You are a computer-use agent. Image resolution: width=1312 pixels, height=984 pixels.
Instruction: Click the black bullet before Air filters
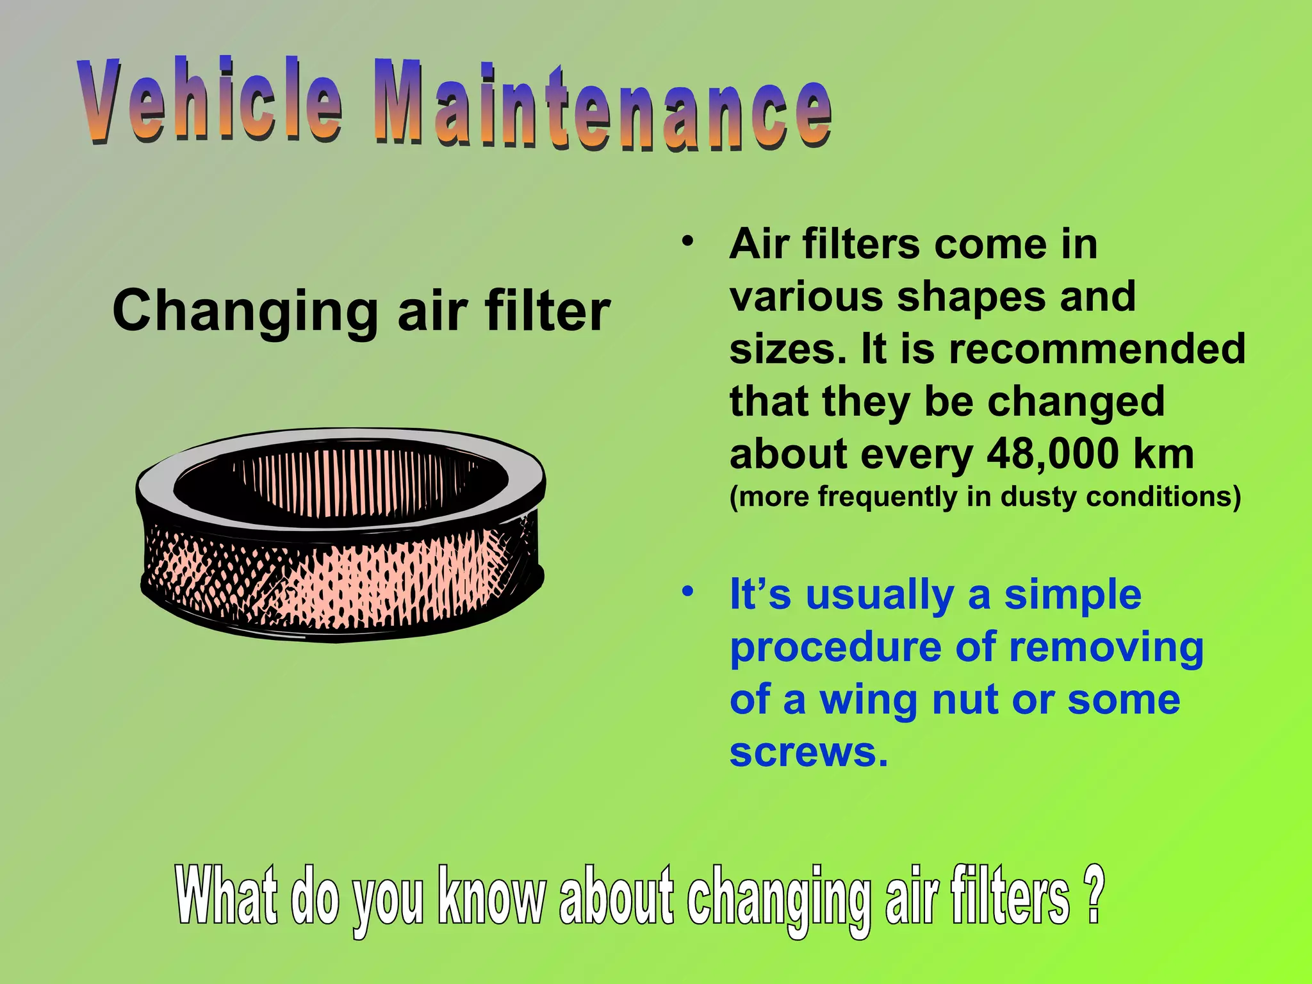[x=688, y=242]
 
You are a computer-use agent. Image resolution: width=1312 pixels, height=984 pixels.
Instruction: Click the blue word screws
[x=808, y=752]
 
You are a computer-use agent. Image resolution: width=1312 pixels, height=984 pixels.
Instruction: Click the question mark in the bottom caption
[x=1094, y=894]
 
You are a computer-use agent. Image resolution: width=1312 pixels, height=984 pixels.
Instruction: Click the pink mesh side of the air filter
[x=359, y=577]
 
